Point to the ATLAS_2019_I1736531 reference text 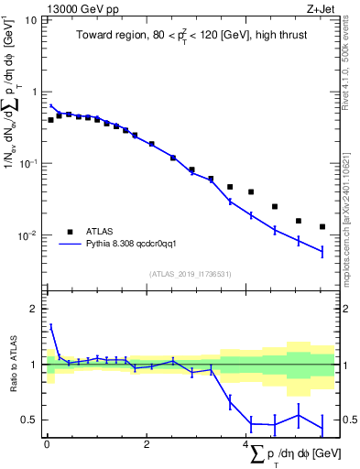[189, 274]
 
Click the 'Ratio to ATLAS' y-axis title [12, 364]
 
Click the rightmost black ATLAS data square [322, 226]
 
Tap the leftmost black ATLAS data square [50, 120]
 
